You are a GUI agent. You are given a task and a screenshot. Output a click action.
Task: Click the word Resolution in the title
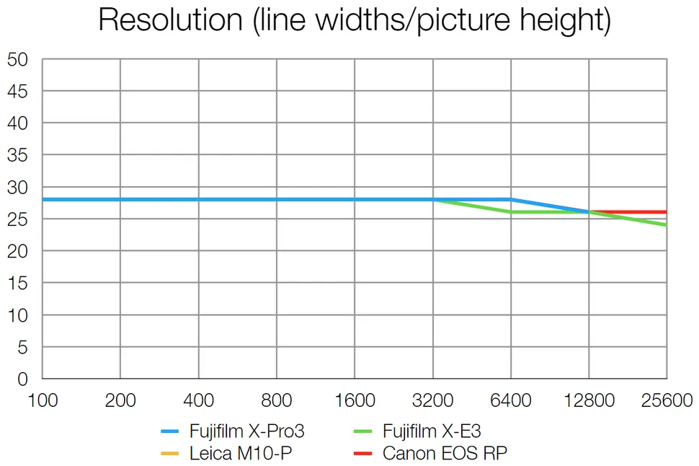[169, 20]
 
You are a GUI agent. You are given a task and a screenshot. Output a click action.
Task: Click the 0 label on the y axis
[22, 379]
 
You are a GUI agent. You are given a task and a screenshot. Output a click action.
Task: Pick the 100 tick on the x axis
[43, 400]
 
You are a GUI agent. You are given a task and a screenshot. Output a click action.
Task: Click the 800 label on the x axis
[277, 400]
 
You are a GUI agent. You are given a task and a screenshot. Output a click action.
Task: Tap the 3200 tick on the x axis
[432, 400]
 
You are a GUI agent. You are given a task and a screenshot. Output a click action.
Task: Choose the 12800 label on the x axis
[588, 400]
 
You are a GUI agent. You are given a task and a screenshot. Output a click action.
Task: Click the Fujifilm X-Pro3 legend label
[247, 431]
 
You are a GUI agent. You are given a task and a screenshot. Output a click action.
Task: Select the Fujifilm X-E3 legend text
[432, 431]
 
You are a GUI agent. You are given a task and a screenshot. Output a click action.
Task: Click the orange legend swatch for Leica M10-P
[170, 454]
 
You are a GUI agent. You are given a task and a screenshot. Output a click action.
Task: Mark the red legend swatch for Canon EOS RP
[365, 454]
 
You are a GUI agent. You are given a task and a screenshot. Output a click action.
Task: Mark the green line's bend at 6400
[510, 212]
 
